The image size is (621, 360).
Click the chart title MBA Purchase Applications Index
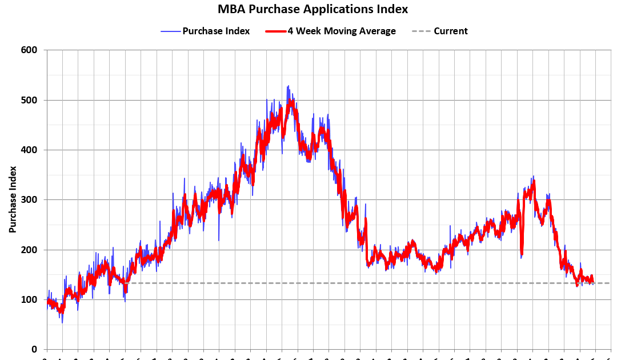[x=312, y=9]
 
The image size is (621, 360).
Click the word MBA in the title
[x=230, y=9]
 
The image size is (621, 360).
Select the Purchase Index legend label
[x=216, y=31]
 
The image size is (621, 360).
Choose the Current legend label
[x=450, y=31]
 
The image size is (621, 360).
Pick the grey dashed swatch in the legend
[x=421, y=31]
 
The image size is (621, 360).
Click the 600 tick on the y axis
[x=29, y=50]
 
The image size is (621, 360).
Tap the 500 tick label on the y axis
[x=29, y=100]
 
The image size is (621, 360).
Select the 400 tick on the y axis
[x=29, y=150]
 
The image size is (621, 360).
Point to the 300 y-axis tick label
[x=29, y=200]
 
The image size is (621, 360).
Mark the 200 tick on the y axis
[x=29, y=250]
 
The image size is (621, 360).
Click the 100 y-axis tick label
[x=29, y=299]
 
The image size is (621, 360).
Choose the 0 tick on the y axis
[x=34, y=349]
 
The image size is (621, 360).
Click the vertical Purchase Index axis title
[x=12, y=199]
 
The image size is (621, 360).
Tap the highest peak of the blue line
[x=288, y=86]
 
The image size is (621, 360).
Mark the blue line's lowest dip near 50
[x=62, y=322]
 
